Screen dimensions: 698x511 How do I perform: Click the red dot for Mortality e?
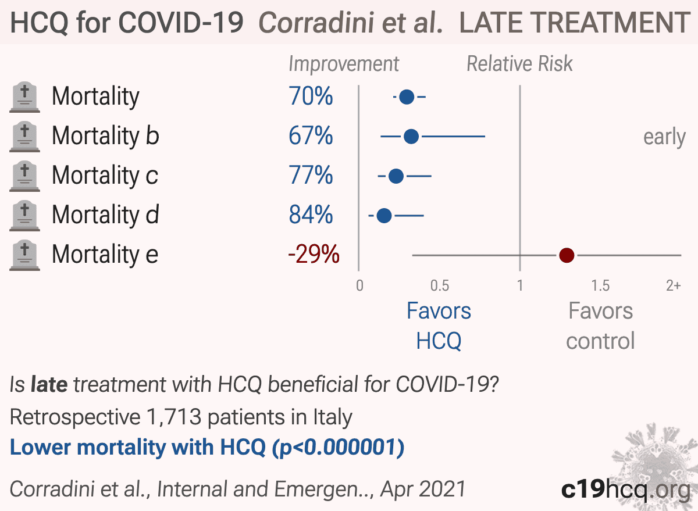[x=567, y=255]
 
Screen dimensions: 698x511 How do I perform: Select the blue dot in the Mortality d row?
[x=384, y=216]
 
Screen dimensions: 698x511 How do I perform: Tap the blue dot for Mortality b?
[x=411, y=137]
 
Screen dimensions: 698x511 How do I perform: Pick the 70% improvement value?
[x=311, y=96]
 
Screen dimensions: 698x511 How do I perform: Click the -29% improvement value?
[x=314, y=254]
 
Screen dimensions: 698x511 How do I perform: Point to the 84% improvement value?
[x=311, y=215]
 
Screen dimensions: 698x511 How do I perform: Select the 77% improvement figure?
[x=311, y=175]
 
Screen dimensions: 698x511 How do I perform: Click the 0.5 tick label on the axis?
[x=440, y=285]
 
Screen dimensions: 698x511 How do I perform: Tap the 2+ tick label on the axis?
[x=673, y=285]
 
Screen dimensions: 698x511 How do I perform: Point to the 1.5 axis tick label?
[x=600, y=285]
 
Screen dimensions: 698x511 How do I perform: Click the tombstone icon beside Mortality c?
[x=24, y=176]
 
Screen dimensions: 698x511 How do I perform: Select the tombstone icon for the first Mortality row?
[x=24, y=97]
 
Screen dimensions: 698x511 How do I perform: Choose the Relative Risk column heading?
[x=519, y=64]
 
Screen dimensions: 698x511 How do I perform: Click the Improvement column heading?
[x=344, y=65]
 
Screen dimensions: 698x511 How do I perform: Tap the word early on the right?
[x=664, y=137]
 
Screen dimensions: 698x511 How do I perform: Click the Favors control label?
[x=600, y=326]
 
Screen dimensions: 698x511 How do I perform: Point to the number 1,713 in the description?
[x=174, y=417]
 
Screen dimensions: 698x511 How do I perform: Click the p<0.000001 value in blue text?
[x=339, y=448]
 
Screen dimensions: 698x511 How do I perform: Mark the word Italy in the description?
[x=333, y=417]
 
